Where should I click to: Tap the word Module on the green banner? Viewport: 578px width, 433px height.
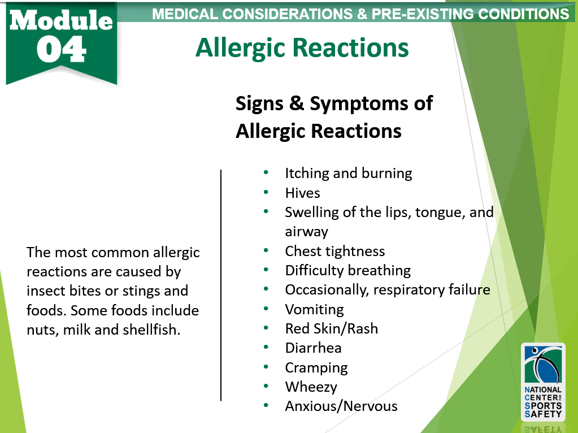tap(61, 20)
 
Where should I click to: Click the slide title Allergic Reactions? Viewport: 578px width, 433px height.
tap(302, 48)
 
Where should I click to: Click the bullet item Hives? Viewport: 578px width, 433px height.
tap(302, 193)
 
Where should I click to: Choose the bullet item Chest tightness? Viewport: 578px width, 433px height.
tap(334, 252)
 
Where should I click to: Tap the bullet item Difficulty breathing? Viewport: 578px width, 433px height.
tap(347, 271)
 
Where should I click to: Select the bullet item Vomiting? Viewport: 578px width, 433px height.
tap(314, 310)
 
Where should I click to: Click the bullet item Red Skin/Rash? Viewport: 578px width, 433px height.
tap(331, 329)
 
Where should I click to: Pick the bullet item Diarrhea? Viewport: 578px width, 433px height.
tap(313, 348)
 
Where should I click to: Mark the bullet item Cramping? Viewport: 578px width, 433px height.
tap(316, 368)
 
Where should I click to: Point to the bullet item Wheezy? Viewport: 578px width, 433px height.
tap(311, 387)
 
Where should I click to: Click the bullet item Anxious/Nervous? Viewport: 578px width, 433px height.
tap(341, 406)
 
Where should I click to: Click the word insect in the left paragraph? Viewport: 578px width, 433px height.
tap(44, 291)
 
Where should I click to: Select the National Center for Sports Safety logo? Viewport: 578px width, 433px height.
tap(542, 382)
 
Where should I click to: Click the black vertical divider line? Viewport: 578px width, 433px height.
tap(221, 285)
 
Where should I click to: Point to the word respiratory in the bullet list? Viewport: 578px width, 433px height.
tap(393, 290)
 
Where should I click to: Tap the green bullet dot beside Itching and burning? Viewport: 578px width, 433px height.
tap(266, 173)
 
